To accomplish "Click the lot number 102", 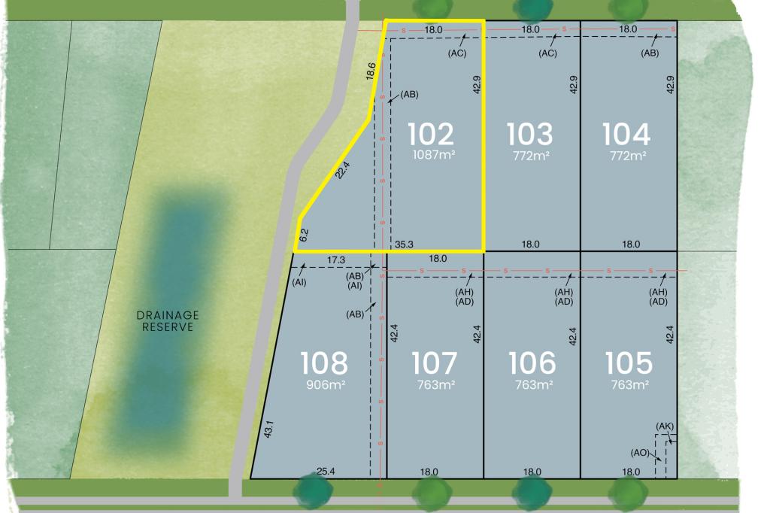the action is point(431,135).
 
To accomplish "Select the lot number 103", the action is point(530,135).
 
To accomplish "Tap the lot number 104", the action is point(627,135).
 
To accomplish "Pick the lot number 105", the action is point(629,363).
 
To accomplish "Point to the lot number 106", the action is point(532,363).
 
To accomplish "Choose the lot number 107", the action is point(435,363).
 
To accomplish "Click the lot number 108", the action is point(324,363).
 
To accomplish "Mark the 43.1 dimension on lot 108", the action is point(268,430).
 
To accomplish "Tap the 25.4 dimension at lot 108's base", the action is point(326,472).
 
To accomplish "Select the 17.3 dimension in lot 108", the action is point(336,260).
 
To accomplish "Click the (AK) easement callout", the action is point(665,426).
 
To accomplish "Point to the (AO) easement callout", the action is point(641,452).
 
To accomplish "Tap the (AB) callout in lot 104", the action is point(650,53).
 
